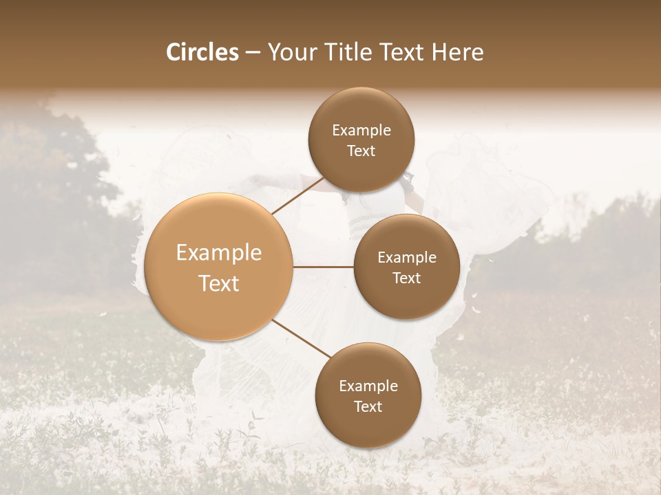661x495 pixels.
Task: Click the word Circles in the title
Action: point(202,52)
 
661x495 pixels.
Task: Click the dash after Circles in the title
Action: point(253,53)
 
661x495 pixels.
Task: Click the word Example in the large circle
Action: point(219,253)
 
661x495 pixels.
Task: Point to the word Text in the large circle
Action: point(219,283)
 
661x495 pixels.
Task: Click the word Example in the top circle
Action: point(361,130)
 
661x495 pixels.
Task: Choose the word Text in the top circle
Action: point(361,151)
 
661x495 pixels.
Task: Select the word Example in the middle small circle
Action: point(407,257)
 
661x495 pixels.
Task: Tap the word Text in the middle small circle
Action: point(407,278)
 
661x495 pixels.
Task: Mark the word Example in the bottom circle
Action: point(368,386)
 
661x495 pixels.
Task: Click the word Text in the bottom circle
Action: point(368,406)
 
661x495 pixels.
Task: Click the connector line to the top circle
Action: point(297,196)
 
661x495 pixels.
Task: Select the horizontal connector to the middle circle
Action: point(324,266)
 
